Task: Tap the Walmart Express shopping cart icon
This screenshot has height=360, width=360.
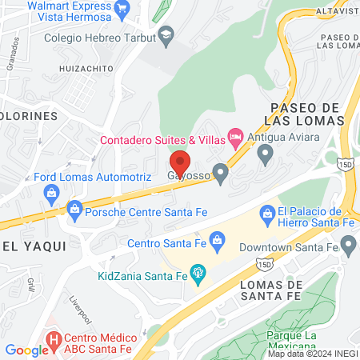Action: coord(122,10)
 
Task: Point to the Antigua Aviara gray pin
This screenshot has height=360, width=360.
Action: coord(265,154)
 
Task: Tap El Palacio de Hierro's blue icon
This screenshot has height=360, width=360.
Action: coord(267,213)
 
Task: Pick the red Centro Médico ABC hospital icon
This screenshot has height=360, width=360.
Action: coord(54,340)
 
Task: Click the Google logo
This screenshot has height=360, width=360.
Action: coord(26,350)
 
